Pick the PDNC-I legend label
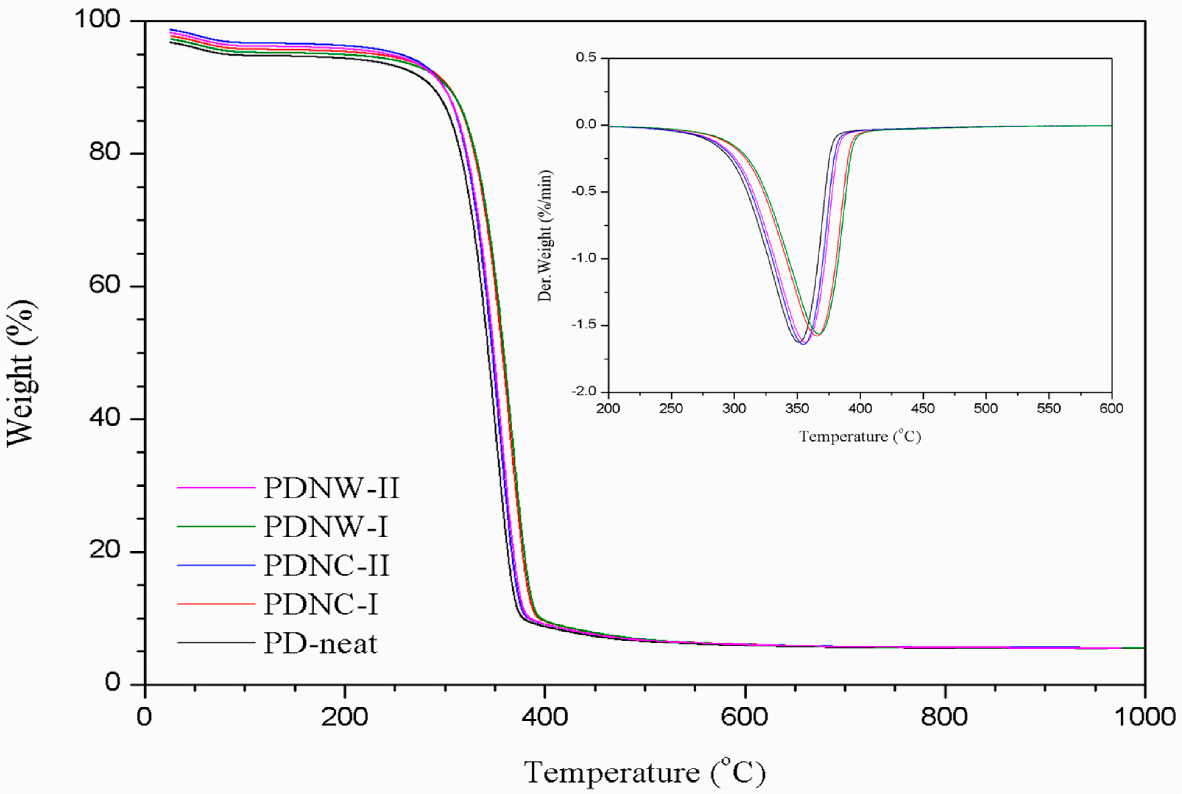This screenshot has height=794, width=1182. pyautogui.click(x=320, y=604)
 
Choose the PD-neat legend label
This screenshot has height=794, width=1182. pyautogui.click(x=320, y=643)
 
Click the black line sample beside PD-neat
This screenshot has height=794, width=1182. pyautogui.click(x=216, y=643)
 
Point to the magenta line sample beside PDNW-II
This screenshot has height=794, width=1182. pyautogui.click(x=216, y=488)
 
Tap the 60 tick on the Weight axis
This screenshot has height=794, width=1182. pyautogui.click(x=104, y=285)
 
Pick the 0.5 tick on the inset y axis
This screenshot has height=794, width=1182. pyautogui.click(x=586, y=57)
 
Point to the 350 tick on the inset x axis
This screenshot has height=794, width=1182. pyautogui.click(x=797, y=409)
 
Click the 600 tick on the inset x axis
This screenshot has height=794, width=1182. pyautogui.click(x=1111, y=409)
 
